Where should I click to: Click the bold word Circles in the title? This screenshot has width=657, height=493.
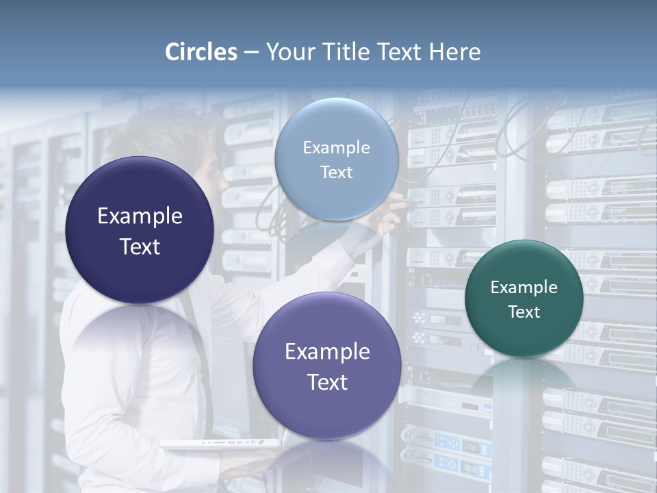201,52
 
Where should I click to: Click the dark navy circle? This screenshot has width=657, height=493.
140,199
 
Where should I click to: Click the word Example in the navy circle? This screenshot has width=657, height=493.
140,216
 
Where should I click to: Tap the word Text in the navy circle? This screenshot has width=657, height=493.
140,246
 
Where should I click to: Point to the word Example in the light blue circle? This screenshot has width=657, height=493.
336,148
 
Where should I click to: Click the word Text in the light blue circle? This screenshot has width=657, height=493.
336,173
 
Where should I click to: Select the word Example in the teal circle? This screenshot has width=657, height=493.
524,288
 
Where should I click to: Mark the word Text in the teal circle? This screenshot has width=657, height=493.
524,312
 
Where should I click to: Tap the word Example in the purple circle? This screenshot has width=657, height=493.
327,352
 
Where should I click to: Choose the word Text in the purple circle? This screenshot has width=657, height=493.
327,382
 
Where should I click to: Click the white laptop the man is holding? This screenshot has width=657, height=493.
219,444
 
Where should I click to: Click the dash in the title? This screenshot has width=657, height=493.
251,53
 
